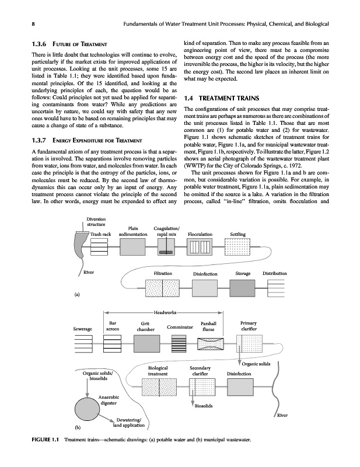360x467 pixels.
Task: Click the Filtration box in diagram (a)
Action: pos(162,288)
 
